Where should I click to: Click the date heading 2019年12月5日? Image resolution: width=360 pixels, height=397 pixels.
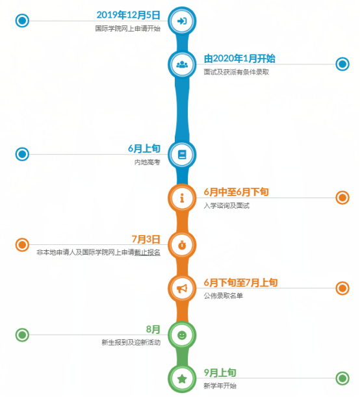(129, 15)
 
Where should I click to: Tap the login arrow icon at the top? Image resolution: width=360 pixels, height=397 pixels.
(182, 21)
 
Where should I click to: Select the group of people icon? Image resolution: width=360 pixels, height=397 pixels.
(182, 64)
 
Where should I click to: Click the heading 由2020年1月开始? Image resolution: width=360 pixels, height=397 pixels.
(240, 58)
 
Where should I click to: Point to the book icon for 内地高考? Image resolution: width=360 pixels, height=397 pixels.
(182, 155)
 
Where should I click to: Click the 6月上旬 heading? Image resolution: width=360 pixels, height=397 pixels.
(144, 149)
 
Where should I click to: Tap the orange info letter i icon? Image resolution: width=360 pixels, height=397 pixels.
(182, 198)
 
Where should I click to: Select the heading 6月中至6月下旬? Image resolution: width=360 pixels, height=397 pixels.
(236, 192)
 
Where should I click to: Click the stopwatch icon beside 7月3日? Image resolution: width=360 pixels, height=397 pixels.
(182, 245)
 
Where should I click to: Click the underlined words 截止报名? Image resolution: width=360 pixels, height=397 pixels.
(148, 252)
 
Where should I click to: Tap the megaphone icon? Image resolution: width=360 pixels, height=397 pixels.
(182, 288)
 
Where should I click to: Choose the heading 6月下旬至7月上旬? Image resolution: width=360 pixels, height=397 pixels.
(241, 283)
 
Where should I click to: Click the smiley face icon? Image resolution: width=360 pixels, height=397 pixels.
(182, 335)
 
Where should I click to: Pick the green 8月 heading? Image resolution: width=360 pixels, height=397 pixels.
(153, 329)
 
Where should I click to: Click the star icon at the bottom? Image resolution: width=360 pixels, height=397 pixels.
(182, 379)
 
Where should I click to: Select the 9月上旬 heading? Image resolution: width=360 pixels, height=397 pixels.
(220, 373)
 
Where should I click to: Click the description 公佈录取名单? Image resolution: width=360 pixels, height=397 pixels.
(224, 296)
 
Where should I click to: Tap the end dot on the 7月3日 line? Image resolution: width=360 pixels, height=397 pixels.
(22, 245)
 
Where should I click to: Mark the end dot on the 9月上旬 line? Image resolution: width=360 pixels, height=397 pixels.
(342, 379)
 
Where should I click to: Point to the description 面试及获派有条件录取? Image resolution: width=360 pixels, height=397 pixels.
(237, 72)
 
